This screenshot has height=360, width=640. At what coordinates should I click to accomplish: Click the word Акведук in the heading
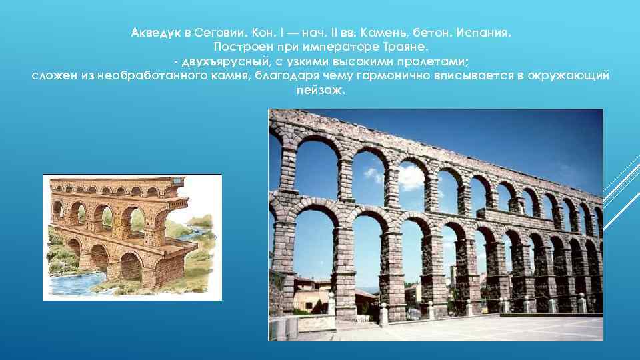(155, 33)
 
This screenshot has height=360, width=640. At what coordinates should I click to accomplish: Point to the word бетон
(432, 33)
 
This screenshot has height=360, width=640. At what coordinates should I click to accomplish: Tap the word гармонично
(393, 76)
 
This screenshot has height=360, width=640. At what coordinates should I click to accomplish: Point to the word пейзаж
(321, 90)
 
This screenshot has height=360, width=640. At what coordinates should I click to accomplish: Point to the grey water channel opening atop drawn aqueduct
(178, 181)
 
